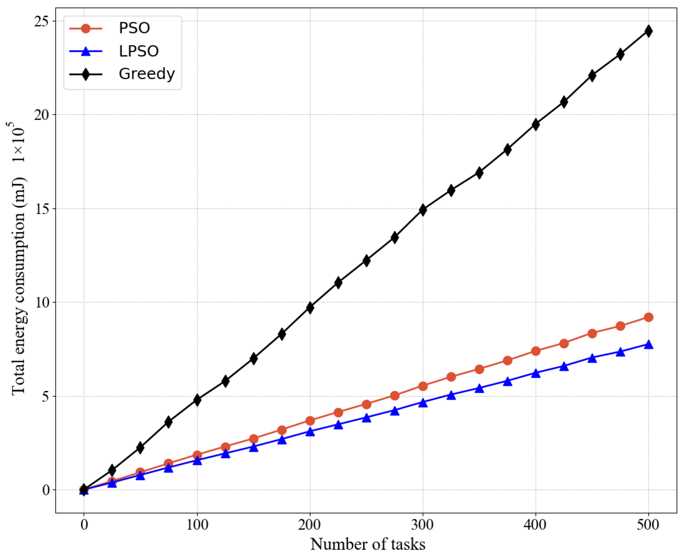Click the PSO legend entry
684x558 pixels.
[x=134, y=28]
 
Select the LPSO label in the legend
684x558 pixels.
[x=139, y=51]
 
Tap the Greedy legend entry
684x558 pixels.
[x=147, y=74]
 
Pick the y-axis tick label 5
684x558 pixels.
[x=45, y=396]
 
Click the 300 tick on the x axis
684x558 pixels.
[x=423, y=525]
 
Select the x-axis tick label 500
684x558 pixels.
[x=648, y=525]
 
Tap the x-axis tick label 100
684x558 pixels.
[x=197, y=525]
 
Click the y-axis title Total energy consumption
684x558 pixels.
[x=18, y=286]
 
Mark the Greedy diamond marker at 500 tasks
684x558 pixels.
[x=648, y=31]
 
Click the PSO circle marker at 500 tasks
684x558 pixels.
[x=648, y=317]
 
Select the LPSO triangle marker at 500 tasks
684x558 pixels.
[x=648, y=344]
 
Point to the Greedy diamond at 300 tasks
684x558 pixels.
[x=423, y=210]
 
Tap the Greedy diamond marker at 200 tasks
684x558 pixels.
[x=310, y=308]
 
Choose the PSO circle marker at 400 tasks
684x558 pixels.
[x=535, y=351]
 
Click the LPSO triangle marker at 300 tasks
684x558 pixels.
[x=423, y=402]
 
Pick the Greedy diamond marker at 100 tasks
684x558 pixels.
[x=197, y=400]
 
